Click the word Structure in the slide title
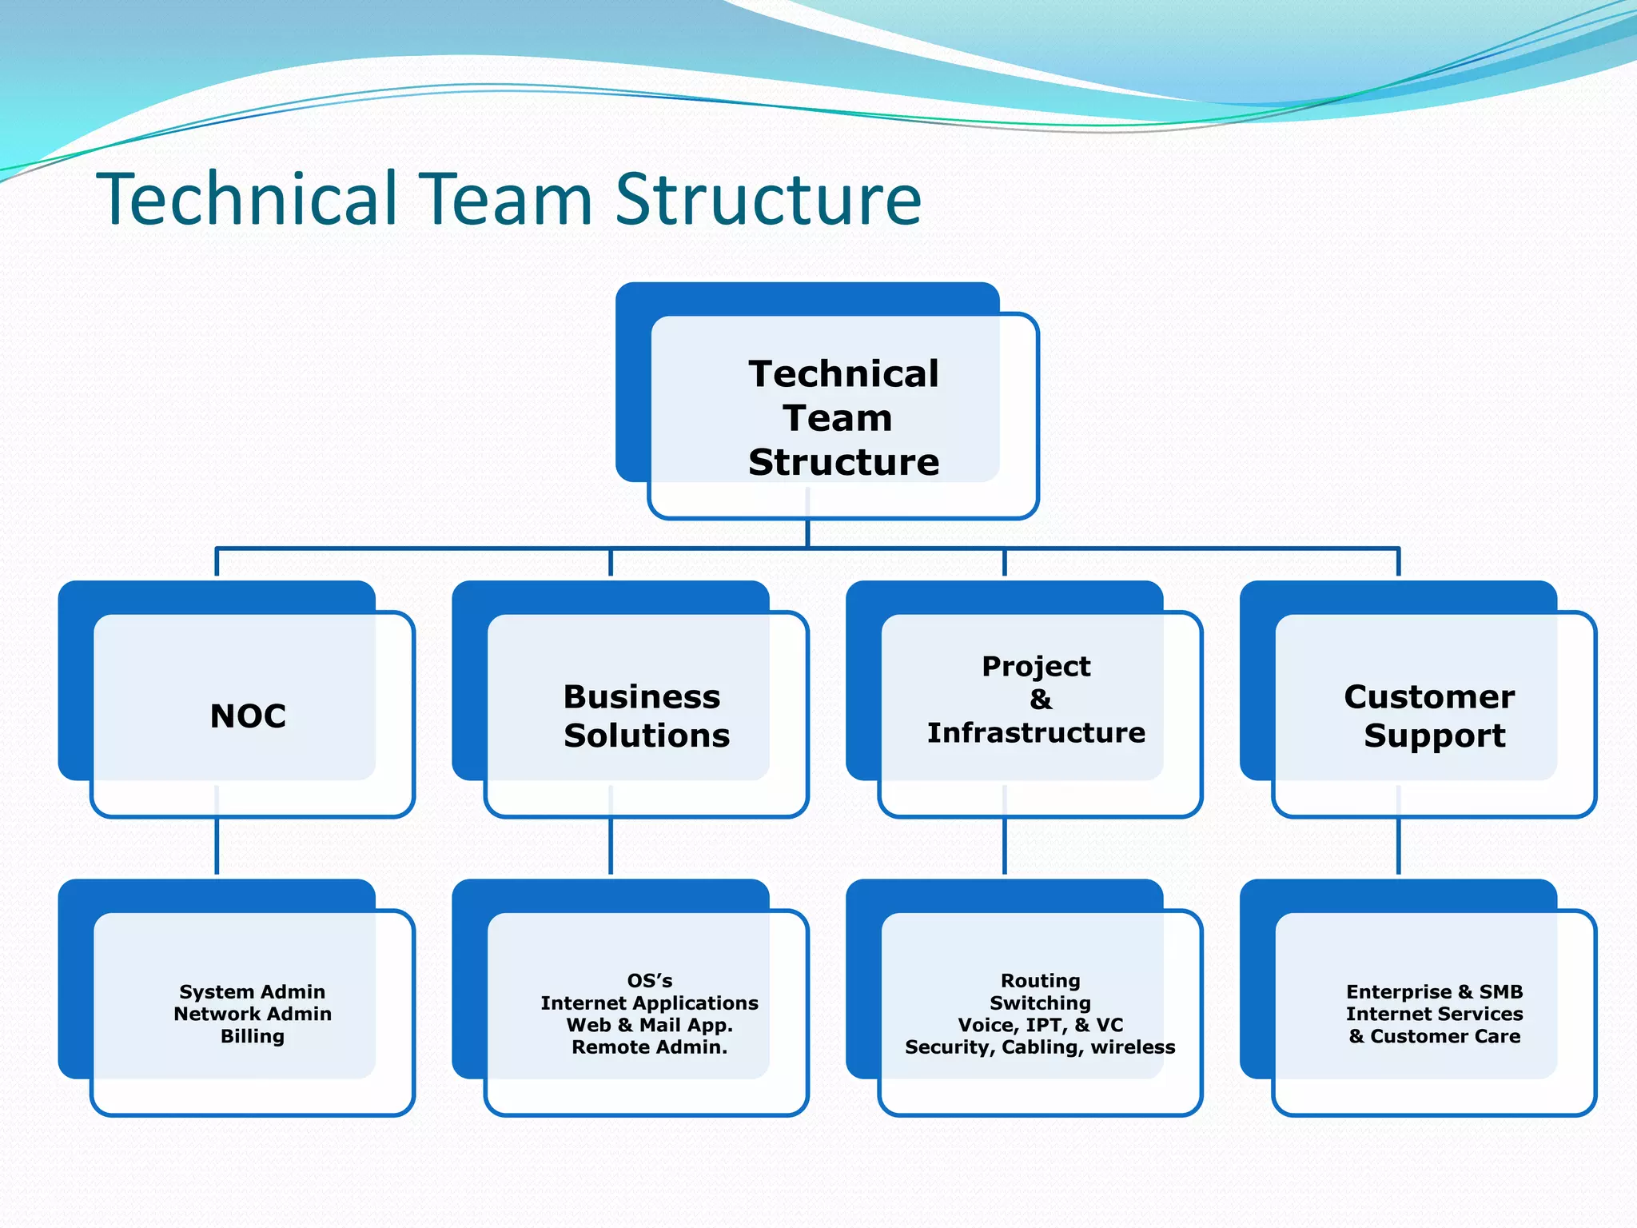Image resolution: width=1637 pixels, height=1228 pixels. (x=768, y=199)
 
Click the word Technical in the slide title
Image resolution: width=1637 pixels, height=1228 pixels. (x=246, y=199)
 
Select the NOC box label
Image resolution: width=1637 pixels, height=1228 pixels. (x=248, y=716)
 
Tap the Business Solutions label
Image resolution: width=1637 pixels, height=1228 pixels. (x=646, y=716)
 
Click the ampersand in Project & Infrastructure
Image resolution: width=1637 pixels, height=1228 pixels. (x=1040, y=700)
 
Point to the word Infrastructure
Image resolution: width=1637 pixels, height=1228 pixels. (x=1036, y=733)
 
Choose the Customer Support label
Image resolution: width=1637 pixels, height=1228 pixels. (x=1431, y=716)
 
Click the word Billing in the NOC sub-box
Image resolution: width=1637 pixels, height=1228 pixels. (x=253, y=1037)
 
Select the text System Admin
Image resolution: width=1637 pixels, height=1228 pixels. (x=253, y=992)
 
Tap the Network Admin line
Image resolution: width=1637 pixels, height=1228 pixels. (x=253, y=1015)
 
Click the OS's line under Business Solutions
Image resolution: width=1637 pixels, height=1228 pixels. (x=650, y=981)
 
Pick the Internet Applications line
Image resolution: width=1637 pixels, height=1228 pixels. (x=650, y=1003)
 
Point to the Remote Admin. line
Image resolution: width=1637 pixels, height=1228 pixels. (x=650, y=1047)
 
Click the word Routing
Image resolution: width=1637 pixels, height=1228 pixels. (x=1040, y=981)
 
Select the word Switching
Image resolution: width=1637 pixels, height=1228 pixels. (x=1040, y=1003)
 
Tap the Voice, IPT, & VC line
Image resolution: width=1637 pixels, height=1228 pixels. (x=1040, y=1026)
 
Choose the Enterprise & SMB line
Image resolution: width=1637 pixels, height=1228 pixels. (x=1434, y=992)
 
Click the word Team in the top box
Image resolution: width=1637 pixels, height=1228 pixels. (x=838, y=418)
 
